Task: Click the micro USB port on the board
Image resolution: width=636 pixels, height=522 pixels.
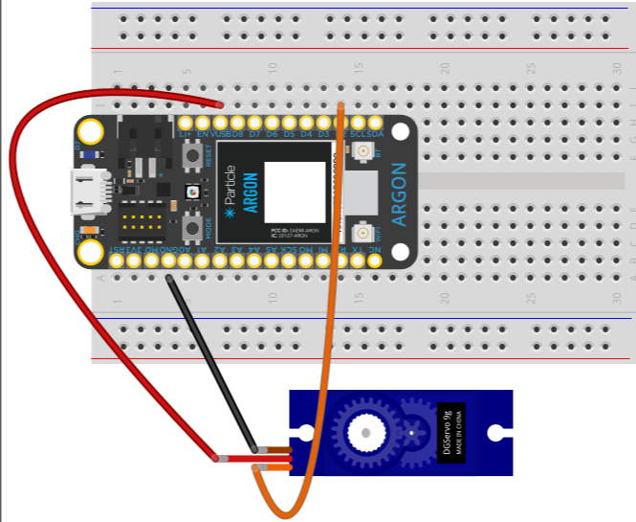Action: coord(93,193)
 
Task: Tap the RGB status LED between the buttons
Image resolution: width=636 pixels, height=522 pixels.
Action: coord(192,192)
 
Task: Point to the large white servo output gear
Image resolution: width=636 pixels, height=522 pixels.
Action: coord(366,432)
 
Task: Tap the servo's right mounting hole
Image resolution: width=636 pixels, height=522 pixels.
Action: coord(498,432)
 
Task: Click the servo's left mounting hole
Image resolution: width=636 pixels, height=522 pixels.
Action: coord(304,433)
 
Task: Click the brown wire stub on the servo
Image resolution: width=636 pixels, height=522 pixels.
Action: coord(278,449)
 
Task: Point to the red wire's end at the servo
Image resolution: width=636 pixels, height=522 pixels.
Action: coord(222,460)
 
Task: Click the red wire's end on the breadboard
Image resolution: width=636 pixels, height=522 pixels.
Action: coord(220,103)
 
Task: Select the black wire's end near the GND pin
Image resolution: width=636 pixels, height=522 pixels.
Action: coord(169,278)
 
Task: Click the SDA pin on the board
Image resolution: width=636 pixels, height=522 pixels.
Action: coord(375,124)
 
